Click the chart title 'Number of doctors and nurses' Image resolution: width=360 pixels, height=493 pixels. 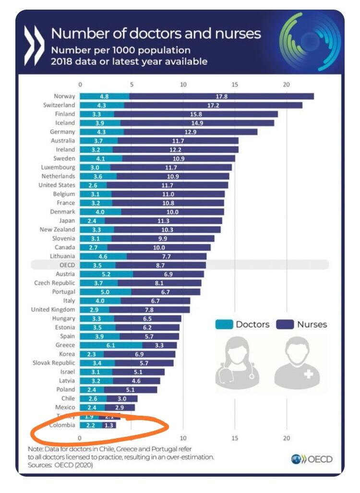[156, 34]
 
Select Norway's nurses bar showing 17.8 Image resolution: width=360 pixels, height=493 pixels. [221, 96]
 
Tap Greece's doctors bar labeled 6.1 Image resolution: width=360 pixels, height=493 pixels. [111, 345]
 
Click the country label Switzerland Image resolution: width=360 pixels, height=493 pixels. [59, 105]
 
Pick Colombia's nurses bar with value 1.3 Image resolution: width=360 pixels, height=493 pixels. [109, 425]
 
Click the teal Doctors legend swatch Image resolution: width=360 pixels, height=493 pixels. [223, 324]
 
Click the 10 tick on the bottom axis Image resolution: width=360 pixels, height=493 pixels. [183, 438]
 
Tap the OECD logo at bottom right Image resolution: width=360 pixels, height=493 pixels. [312, 459]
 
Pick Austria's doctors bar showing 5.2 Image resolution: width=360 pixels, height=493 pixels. [106, 274]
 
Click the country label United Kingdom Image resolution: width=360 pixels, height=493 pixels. [53, 310]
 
